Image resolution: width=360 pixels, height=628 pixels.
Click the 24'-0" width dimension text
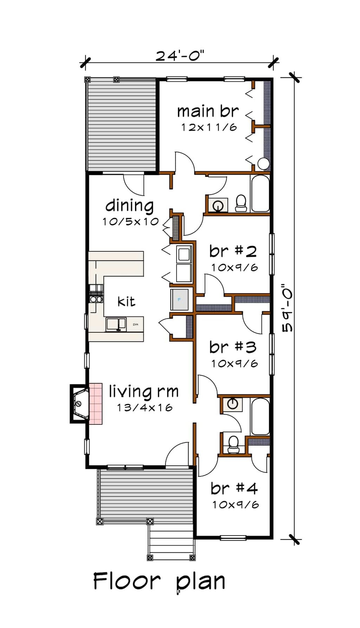pyautogui.click(x=180, y=56)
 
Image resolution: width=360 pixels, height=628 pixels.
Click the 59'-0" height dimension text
pyautogui.click(x=288, y=308)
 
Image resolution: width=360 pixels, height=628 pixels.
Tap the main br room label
pyautogui.click(x=208, y=111)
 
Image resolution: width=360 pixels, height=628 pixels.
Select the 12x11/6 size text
pyautogui.click(x=209, y=127)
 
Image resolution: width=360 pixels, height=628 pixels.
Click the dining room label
pyautogui.click(x=129, y=206)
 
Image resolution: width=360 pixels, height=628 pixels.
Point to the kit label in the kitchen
pyautogui.click(x=126, y=301)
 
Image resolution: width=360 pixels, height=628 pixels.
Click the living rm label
pyautogui.click(x=143, y=392)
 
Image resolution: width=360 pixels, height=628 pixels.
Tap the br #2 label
pyautogui.click(x=233, y=251)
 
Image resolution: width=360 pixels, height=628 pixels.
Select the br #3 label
pyautogui.click(x=233, y=347)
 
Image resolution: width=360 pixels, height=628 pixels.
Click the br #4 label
pyautogui.click(x=234, y=488)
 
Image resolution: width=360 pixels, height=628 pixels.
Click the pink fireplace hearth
pyautogui.click(x=96, y=404)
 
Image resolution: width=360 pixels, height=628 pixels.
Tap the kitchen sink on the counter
pyautogui.click(x=116, y=324)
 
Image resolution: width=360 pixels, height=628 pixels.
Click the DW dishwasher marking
pyautogui.click(x=135, y=325)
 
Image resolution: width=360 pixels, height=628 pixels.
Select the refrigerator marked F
pyautogui.click(x=179, y=300)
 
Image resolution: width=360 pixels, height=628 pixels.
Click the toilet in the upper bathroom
pyautogui.click(x=241, y=203)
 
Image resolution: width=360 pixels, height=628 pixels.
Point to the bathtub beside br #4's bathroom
pyautogui.click(x=260, y=416)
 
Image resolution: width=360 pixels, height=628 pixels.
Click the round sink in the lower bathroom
pyautogui.click(x=232, y=404)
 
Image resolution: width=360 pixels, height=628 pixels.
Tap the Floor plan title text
pyautogui.click(x=159, y=581)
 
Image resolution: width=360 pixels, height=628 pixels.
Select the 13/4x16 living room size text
pyautogui.click(x=144, y=408)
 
